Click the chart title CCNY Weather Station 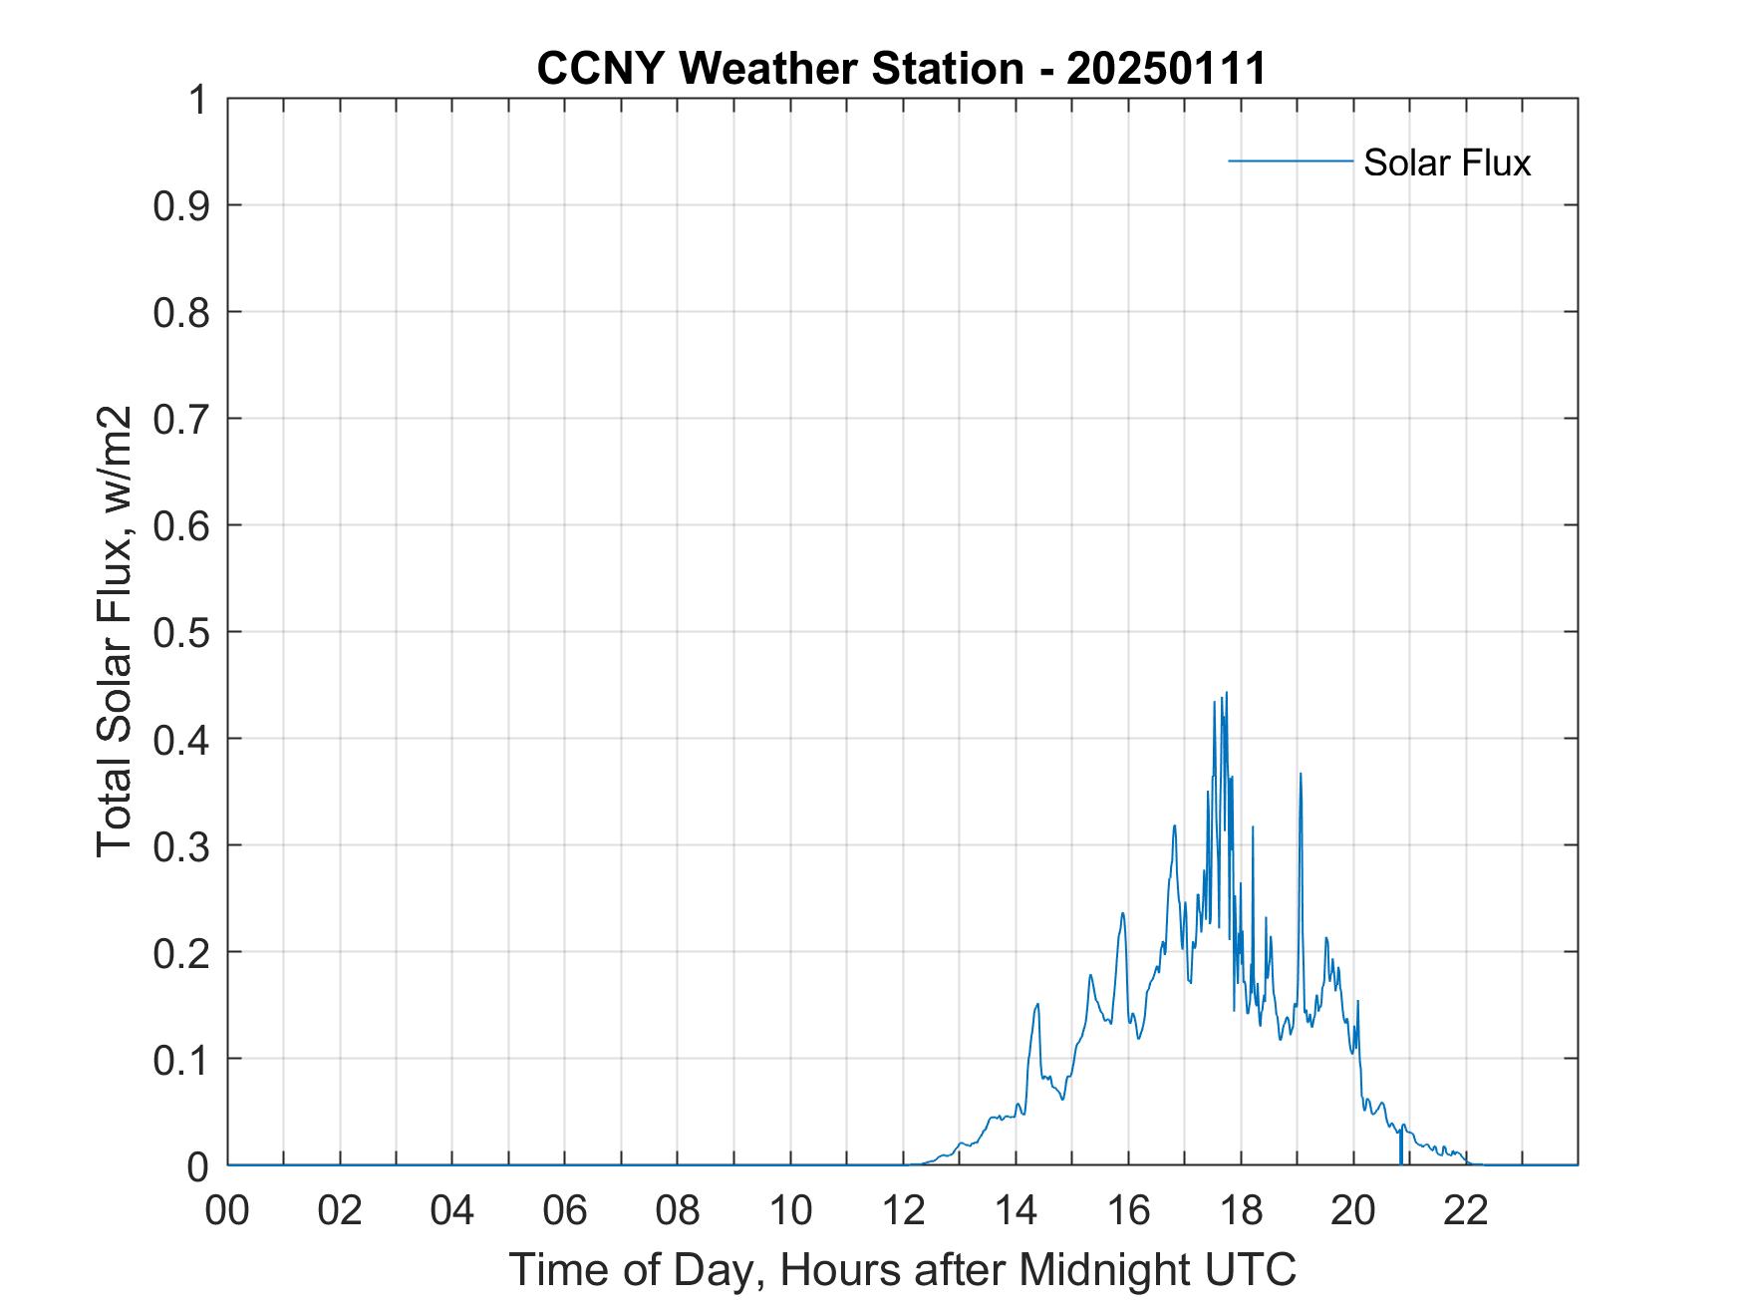(x=779, y=69)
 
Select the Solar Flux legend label (x=1446, y=163)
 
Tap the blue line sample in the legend (x=1290, y=161)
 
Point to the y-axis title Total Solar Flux (x=115, y=631)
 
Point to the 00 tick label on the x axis (x=227, y=1211)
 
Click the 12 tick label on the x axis (x=903, y=1211)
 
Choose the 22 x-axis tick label (x=1466, y=1211)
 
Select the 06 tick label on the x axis (x=565, y=1211)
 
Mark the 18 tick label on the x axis (x=1241, y=1211)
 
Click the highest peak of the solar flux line (x=1226, y=693)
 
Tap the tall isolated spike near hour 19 (x=1301, y=774)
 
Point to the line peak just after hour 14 (x=1037, y=1004)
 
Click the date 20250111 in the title (x=1165, y=69)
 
